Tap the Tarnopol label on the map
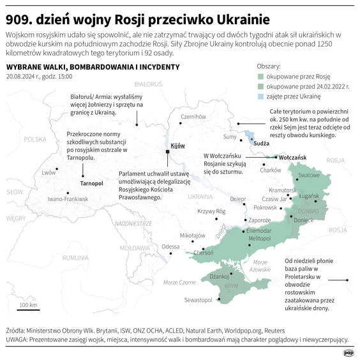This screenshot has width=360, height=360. click(x=92, y=183)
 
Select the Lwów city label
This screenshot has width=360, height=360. click(x=48, y=172)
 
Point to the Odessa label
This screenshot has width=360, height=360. click(x=170, y=246)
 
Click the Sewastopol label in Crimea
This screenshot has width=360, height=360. click(x=197, y=300)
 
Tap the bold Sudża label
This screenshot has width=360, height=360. click(x=262, y=144)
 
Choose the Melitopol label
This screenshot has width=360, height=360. click(x=260, y=237)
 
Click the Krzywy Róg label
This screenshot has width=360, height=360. click(x=212, y=211)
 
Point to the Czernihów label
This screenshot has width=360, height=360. click(x=193, y=117)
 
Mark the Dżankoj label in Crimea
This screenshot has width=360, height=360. click(x=219, y=276)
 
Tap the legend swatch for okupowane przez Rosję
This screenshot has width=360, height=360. click(x=259, y=75)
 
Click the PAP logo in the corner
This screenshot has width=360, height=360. click(x=349, y=351)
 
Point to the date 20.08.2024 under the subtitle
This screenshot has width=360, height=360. click(x=22, y=77)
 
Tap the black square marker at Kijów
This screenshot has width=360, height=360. click(x=167, y=152)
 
